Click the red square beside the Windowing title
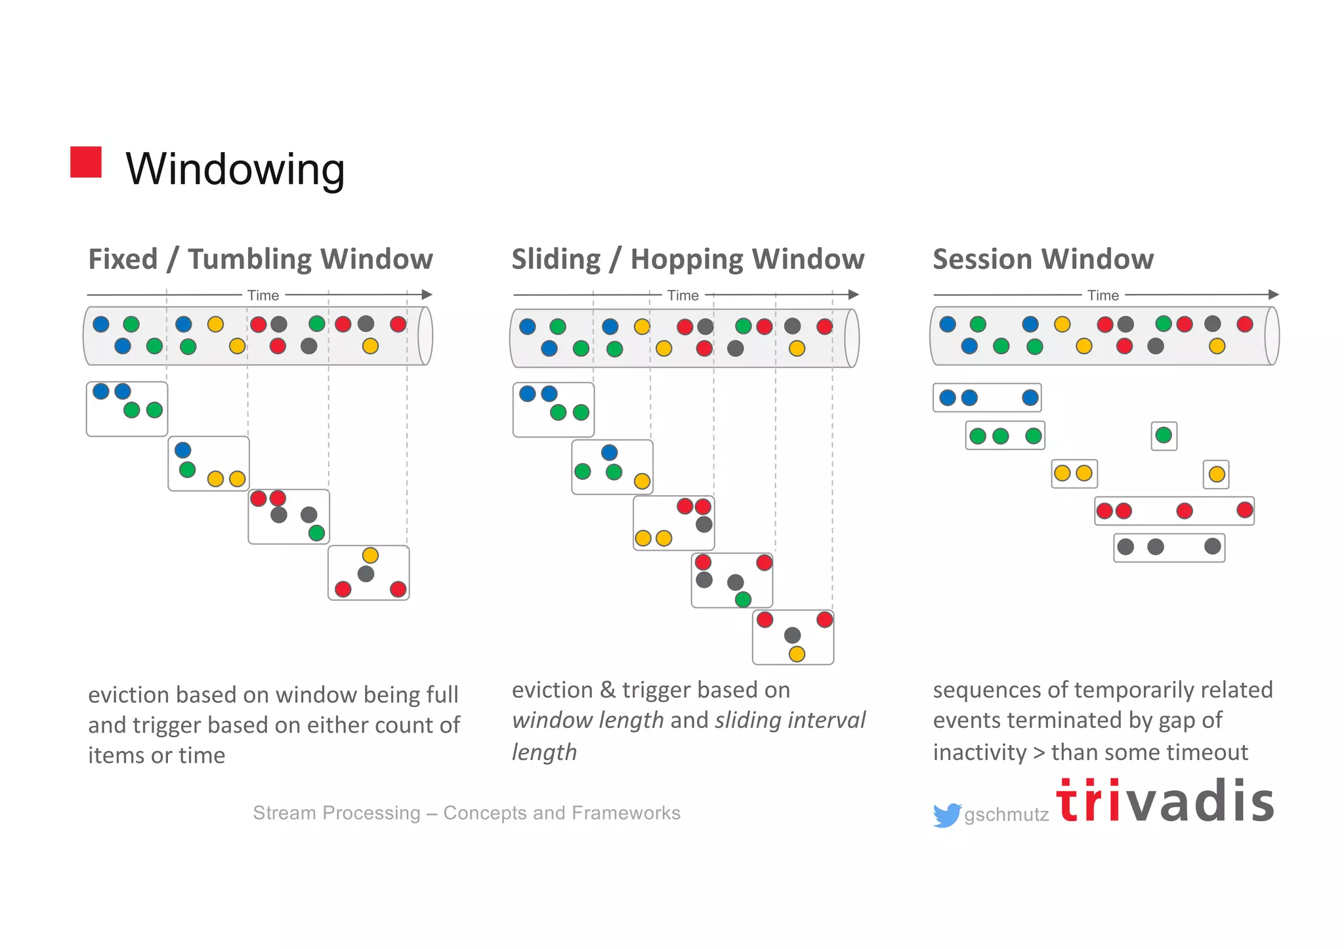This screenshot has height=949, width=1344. tap(86, 162)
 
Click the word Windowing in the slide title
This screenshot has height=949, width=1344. tap(235, 169)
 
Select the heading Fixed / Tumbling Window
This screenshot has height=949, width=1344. tap(261, 259)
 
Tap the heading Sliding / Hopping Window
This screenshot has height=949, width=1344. tap(688, 259)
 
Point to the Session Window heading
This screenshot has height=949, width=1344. tap(1043, 259)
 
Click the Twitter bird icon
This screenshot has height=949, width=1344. tap(946, 815)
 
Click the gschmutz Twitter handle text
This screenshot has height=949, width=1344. tap(1006, 815)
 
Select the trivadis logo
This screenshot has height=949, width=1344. tap(1165, 801)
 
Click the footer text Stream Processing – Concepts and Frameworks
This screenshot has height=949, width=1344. tap(467, 813)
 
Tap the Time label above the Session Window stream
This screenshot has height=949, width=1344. tap(1102, 295)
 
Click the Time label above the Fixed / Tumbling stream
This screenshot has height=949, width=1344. tap(263, 295)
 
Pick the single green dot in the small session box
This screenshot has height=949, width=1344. tap(1164, 435)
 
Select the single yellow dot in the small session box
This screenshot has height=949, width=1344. tap(1217, 474)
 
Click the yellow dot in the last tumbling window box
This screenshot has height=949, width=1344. tap(370, 555)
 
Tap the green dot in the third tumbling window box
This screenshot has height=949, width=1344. tap(317, 533)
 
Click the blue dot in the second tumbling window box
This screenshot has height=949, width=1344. tap(183, 450)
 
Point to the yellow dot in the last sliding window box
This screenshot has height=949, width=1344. tap(797, 653)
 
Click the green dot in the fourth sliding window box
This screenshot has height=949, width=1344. tap(743, 599)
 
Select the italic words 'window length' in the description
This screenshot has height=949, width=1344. tap(587, 720)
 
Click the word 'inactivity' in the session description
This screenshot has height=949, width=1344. tap(979, 752)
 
